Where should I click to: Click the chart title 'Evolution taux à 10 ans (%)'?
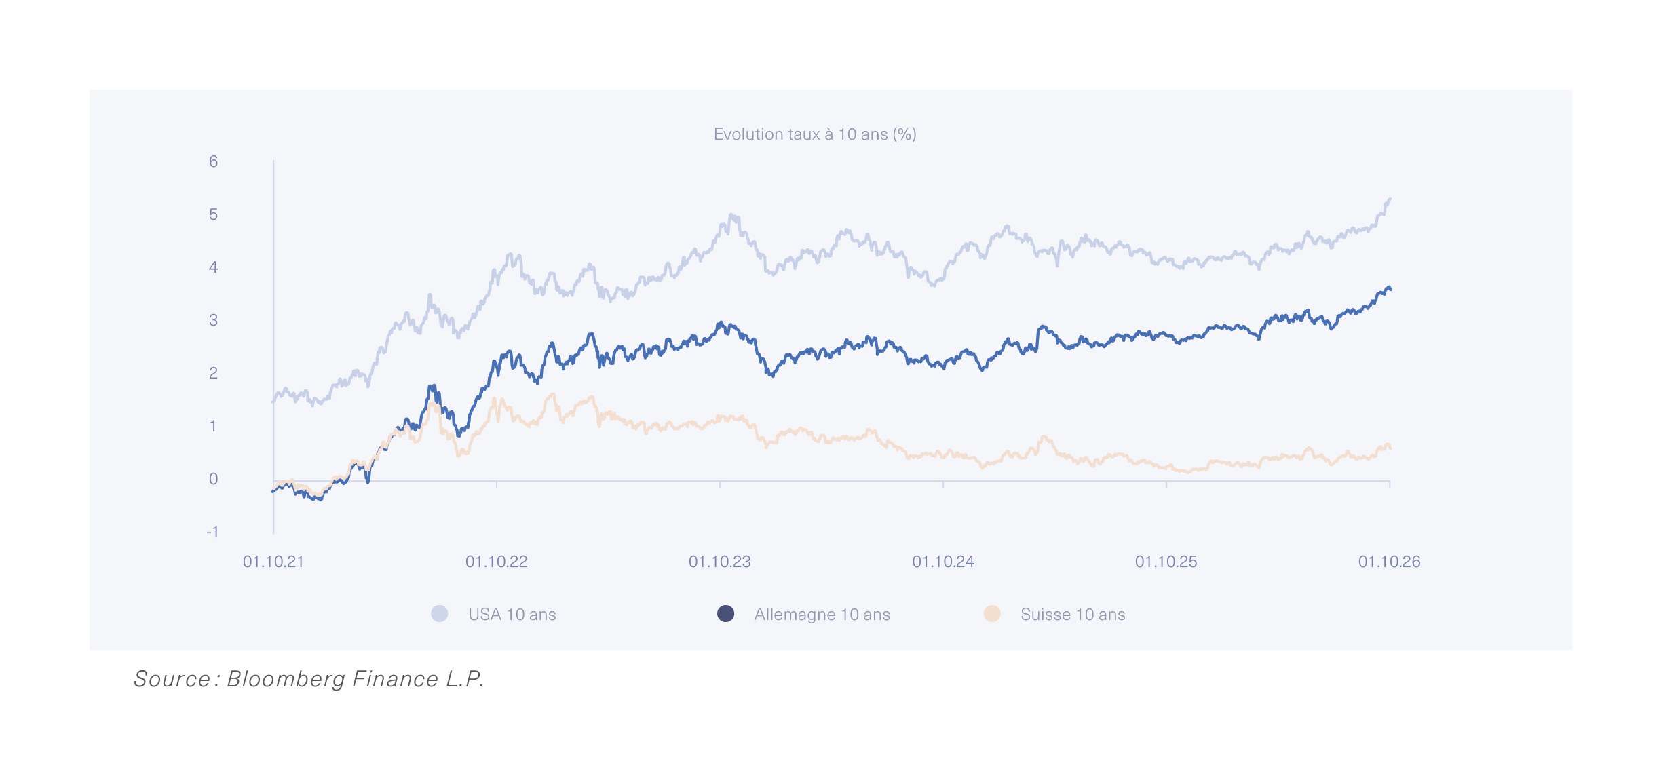coord(815,134)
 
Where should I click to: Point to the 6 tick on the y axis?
coord(214,161)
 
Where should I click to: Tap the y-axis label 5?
coord(214,214)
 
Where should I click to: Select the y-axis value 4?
coord(214,267)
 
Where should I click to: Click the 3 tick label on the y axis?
coord(214,320)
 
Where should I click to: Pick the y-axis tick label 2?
coord(214,373)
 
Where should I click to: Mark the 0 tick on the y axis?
coord(214,479)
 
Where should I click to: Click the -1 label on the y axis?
coord(212,532)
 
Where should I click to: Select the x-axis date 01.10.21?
coord(273,562)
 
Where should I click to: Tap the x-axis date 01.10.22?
coord(497,562)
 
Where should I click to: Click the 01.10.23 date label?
coord(720,562)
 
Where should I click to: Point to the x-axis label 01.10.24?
coord(943,562)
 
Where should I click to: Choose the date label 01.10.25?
coord(1166,562)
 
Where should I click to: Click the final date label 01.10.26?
coord(1390,562)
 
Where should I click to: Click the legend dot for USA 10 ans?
coord(440,614)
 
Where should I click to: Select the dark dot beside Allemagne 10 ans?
coord(726,614)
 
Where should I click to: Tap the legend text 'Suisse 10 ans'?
coord(1073,615)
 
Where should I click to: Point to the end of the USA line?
coord(1390,199)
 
